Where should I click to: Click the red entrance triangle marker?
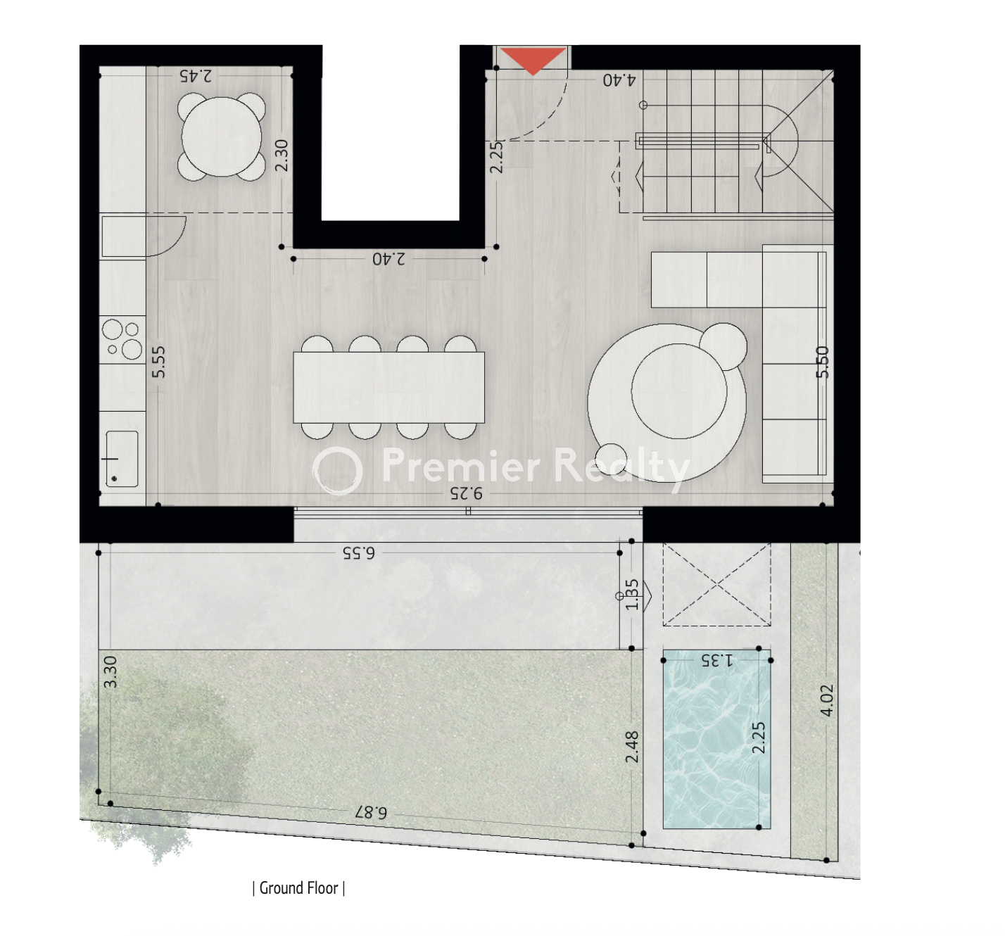(533, 60)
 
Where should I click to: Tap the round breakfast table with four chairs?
(222, 137)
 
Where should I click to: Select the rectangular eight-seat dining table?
(388, 387)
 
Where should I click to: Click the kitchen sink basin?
(122, 459)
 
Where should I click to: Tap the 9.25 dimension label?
(466, 493)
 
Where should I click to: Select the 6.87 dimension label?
(371, 812)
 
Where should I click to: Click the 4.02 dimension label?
(826, 700)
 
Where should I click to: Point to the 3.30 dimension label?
(110, 672)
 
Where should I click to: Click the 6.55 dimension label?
(359, 552)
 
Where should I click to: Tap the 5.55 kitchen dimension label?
(158, 362)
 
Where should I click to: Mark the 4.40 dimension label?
(619, 80)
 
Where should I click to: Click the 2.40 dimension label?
(388, 259)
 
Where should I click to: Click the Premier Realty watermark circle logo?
(337, 471)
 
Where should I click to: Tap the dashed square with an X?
(717, 584)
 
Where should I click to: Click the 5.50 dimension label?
(823, 362)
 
